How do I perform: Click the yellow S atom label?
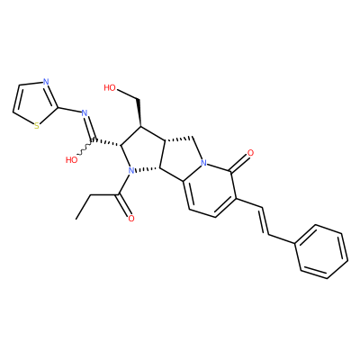(37, 125)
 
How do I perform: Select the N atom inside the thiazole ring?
(46, 82)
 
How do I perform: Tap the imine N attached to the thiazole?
(85, 113)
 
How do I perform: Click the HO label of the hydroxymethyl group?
(110, 87)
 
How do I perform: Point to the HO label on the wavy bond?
(72, 160)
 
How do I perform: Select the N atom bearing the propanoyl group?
(130, 171)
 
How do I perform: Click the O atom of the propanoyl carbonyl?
(130, 219)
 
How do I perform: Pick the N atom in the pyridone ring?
(204, 163)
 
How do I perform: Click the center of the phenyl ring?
(321, 251)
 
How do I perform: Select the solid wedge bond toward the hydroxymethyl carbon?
(139, 112)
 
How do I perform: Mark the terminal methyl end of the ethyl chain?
(76, 219)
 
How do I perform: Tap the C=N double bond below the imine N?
(91, 127)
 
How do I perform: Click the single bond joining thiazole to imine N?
(69, 110)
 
